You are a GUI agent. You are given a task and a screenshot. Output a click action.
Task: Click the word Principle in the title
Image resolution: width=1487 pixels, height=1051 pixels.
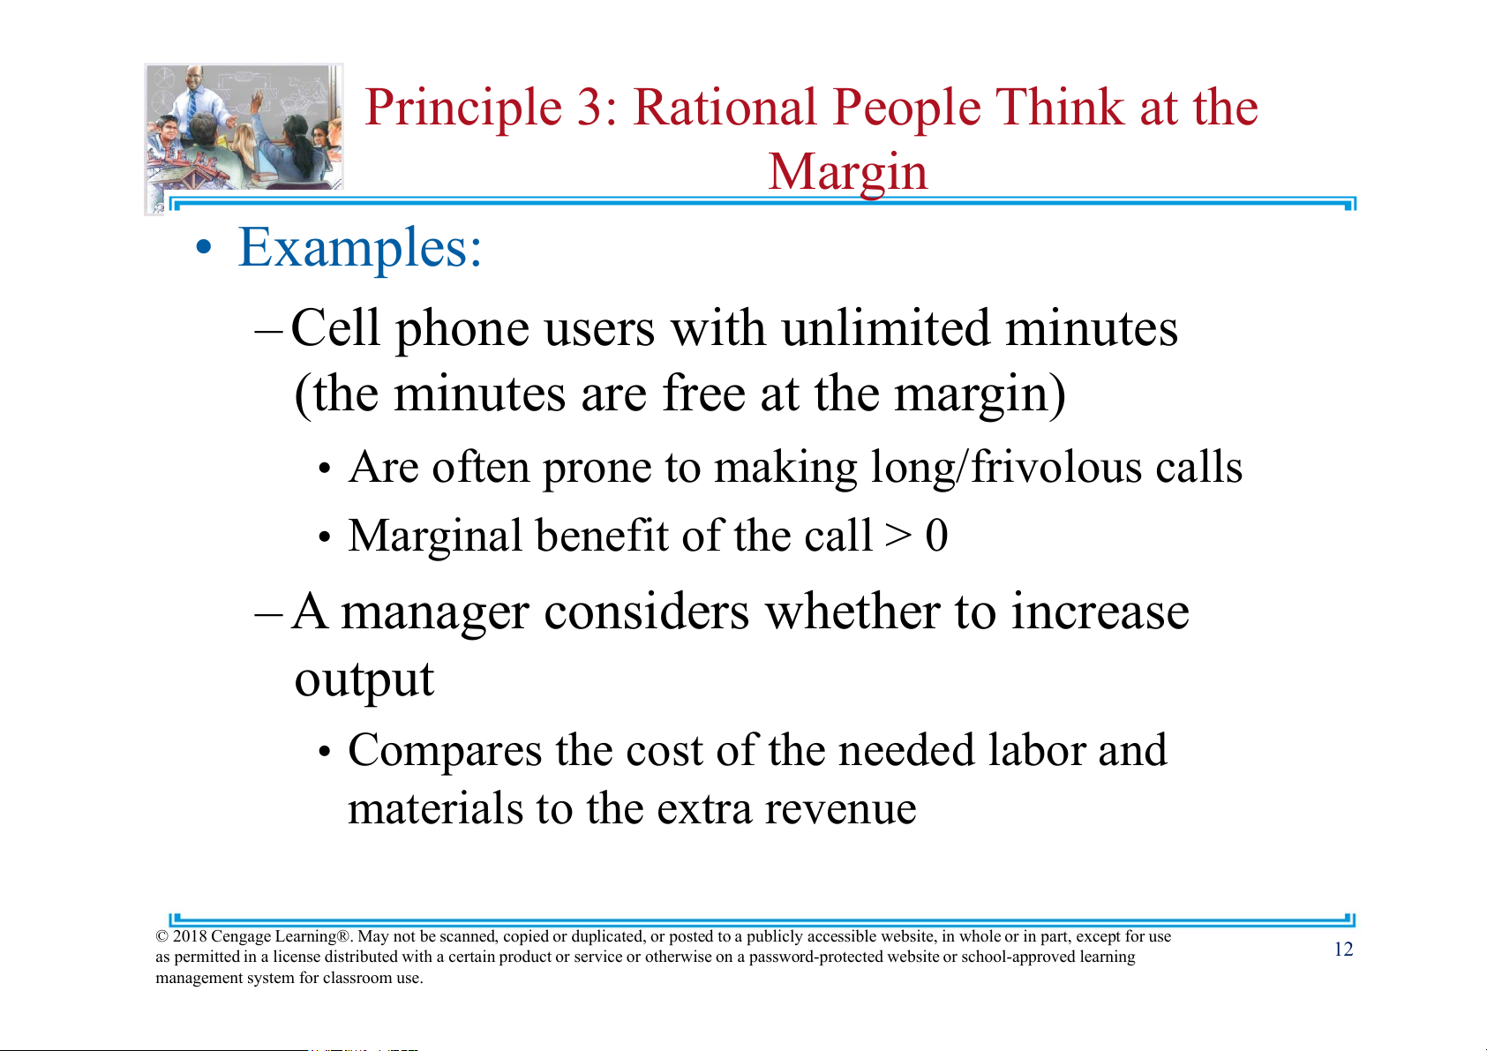[x=462, y=109]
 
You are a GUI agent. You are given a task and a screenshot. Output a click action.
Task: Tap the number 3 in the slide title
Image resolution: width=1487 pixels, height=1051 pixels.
[x=590, y=108]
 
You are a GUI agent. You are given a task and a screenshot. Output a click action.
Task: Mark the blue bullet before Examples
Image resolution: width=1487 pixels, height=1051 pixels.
[x=204, y=248]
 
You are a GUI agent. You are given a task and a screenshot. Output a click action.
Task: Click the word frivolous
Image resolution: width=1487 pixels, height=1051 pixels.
[x=1056, y=467]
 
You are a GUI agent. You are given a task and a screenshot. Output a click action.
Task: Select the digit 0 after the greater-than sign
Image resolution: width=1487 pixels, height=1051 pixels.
[x=936, y=535]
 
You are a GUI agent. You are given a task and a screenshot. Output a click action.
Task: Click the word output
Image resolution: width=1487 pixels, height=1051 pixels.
[x=364, y=679]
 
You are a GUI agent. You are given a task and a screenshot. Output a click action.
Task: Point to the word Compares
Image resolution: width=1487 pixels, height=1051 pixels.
[x=445, y=751]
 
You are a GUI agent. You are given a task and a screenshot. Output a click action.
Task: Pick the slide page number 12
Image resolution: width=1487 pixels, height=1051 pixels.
[x=1344, y=950]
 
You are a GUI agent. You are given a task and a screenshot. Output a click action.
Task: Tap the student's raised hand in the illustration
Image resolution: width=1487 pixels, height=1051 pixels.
[x=256, y=101]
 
